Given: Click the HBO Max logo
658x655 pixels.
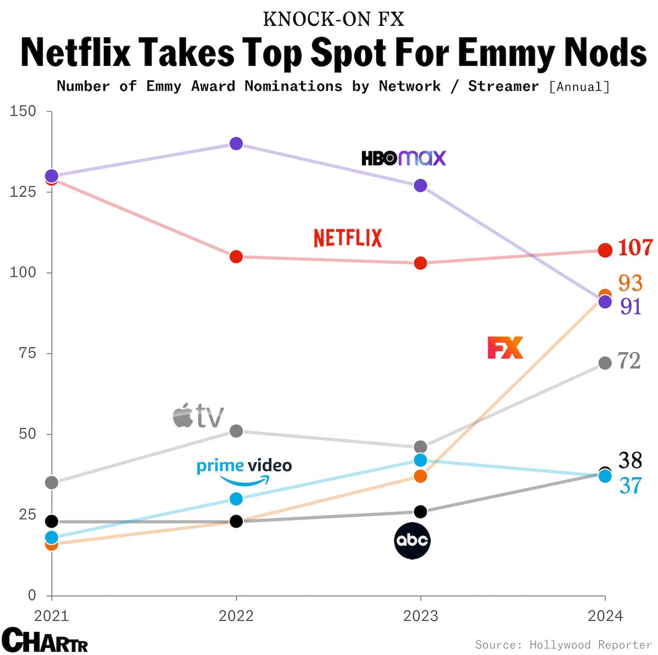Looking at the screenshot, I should (404, 158).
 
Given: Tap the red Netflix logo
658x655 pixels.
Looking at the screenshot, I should (348, 238).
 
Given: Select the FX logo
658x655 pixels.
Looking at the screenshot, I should (505, 348).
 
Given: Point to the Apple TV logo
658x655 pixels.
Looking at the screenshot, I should (198, 416).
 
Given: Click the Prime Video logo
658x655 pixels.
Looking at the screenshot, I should (244, 471).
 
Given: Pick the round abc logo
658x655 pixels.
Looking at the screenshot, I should (412, 541).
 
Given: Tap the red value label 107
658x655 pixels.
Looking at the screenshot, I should (635, 248).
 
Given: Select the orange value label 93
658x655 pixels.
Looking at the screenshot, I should (630, 283).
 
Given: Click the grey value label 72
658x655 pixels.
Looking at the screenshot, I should (629, 361).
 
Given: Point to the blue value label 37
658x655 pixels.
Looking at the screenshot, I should (631, 486).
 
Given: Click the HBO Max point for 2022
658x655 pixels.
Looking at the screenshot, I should (236, 144).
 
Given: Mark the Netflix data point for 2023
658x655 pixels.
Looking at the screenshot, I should (420, 263).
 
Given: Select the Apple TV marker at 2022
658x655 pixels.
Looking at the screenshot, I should (236, 431).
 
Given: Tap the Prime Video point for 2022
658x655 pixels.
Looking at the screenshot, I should (236, 499).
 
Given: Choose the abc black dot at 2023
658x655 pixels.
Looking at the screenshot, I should (420, 512).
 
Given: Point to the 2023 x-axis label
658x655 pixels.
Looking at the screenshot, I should (420, 616).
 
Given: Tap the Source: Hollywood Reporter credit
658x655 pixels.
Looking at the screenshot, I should (563, 645).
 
